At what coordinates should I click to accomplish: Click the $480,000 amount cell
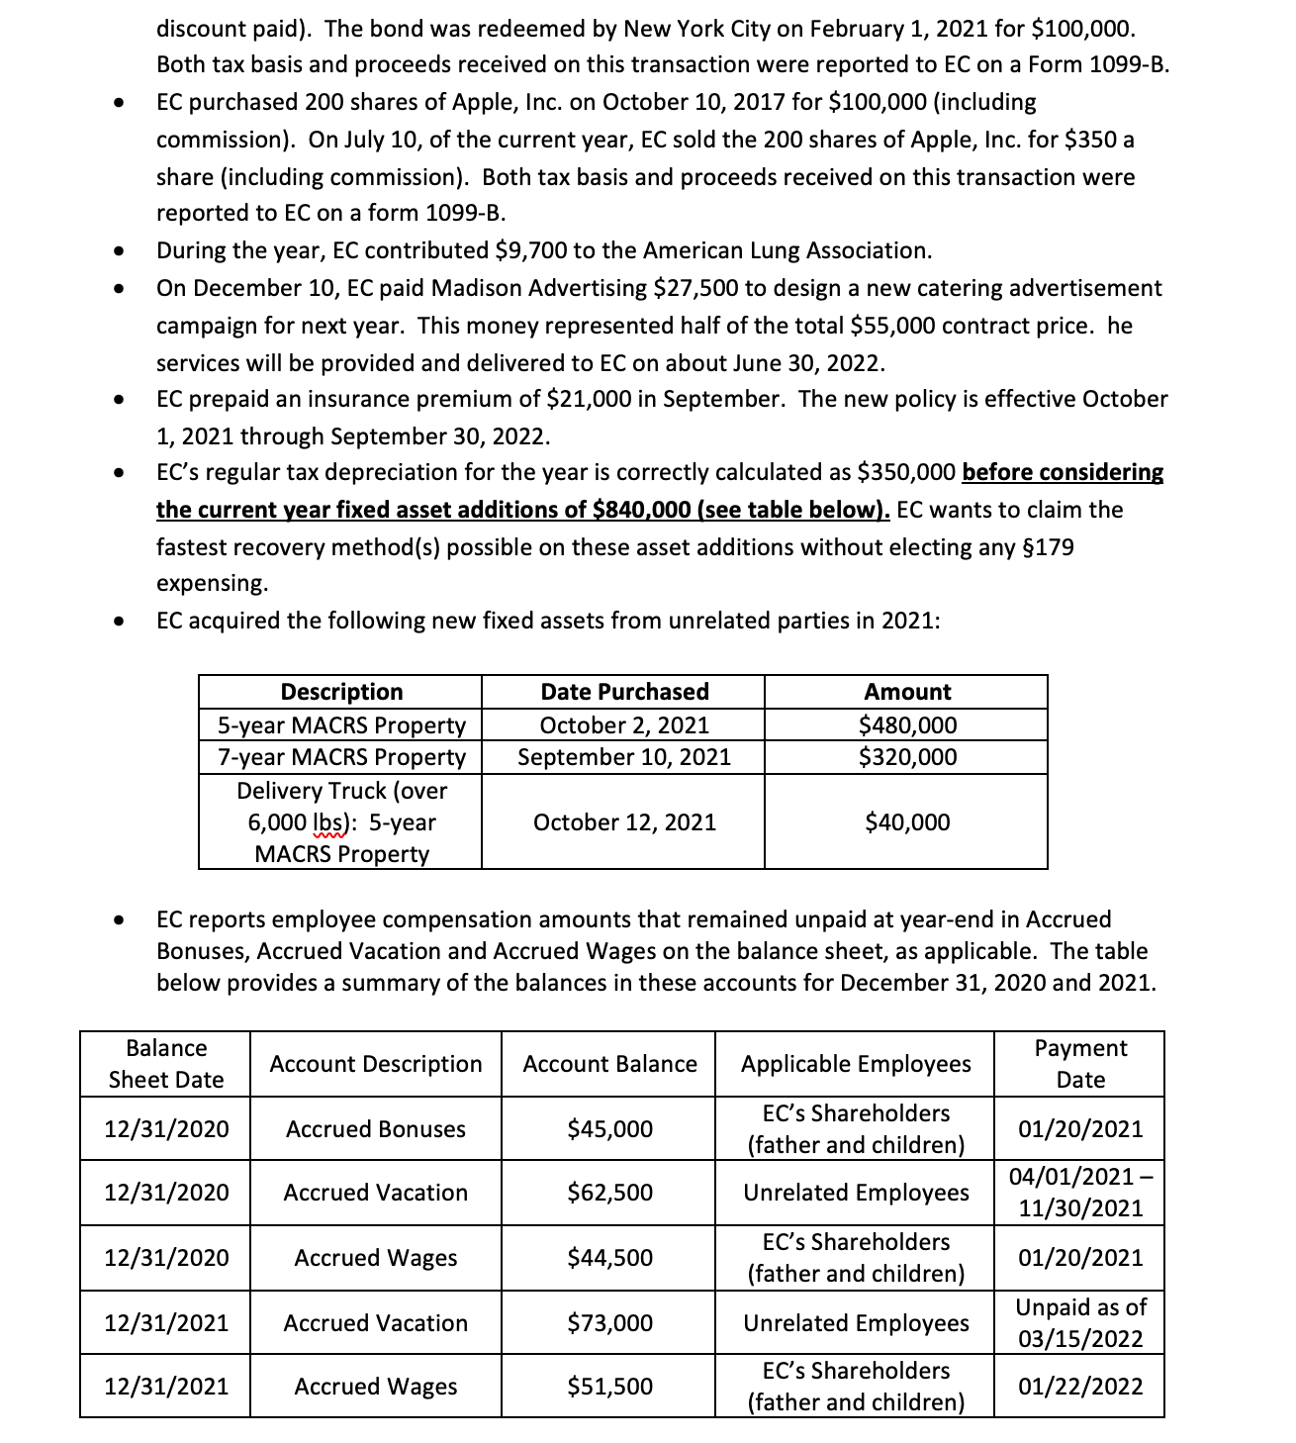point(907,725)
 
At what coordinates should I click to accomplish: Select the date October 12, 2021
point(623,822)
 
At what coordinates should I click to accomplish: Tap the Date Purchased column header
point(623,692)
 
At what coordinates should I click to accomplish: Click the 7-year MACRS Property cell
point(340,757)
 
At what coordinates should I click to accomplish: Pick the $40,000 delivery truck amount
point(907,822)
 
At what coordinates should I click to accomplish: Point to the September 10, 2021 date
point(623,757)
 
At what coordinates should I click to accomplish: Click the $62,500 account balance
point(609,1193)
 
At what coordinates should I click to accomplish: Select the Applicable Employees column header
point(856,1064)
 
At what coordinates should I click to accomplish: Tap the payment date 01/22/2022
point(1079,1387)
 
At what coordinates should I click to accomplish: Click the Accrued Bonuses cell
point(375,1129)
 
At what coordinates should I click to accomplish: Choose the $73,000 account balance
point(609,1323)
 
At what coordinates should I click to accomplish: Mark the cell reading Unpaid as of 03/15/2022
point(1079,1323)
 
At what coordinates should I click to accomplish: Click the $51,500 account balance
point(609,1387)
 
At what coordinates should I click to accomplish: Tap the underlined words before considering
point(1062,472)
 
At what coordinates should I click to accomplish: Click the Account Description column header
point(375,1064)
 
